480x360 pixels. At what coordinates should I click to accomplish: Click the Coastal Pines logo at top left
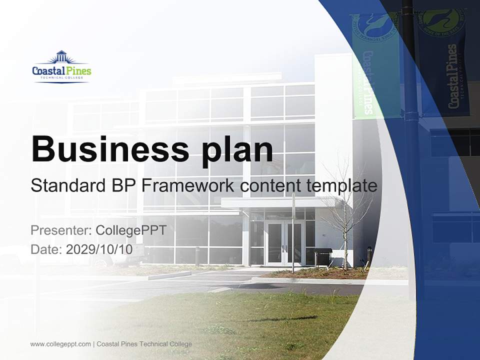(x=61, y=67)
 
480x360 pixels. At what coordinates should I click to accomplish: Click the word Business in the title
(x=110, y=149)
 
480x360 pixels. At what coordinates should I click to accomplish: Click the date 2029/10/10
(x=99, y=249)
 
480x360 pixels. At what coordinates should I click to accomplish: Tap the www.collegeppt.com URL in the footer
(x=60, y=344)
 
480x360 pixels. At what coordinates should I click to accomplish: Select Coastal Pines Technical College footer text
(x=144, y=344)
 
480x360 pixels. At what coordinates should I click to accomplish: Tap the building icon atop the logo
(x=61, y=56)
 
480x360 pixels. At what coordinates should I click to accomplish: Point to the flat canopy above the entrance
(x=275, y=202)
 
